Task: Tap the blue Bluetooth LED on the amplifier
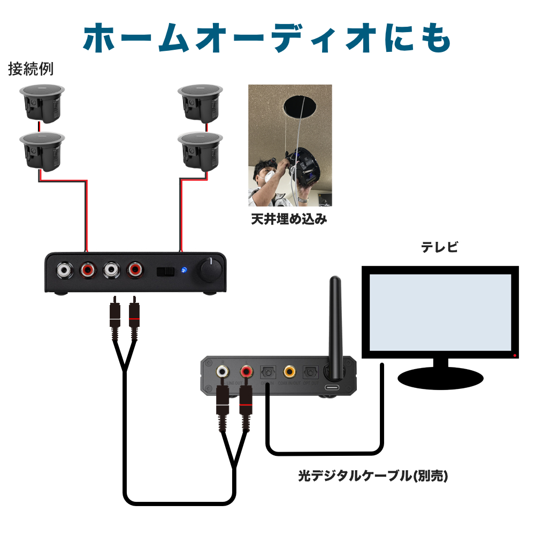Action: (x=184, y=271)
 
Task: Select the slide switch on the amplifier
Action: (x=165, y=271)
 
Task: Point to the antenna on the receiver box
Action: (x=335, y=321)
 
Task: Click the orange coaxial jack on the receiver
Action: (x=289, y=371)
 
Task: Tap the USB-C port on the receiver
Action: (x=333, y=387)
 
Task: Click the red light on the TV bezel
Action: (x=515, y=355)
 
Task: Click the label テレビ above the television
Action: (x=440, y=248)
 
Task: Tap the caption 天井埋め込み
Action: (x=289, y=219)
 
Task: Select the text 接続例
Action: (x=30, y=69)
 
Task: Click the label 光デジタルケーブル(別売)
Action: (x=373, y=476)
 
